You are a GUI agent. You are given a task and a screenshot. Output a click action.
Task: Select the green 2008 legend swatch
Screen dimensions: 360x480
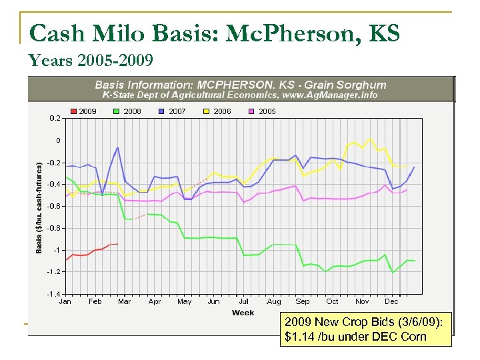tap(117, 111)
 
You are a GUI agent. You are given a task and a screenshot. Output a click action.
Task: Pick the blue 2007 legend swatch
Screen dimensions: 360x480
tap(161, 111)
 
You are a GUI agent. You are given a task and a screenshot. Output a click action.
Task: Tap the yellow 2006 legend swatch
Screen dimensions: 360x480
tap(206, 111)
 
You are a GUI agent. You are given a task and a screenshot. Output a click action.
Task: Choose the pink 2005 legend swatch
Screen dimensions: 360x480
tap(251, 111)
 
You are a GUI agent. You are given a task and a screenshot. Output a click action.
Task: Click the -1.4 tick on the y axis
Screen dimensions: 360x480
tap(54, 294)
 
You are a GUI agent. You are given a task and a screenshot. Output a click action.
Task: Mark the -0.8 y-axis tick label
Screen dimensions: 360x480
tap(54, 228)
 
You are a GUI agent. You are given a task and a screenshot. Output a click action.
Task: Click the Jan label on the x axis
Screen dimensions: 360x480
tap(65, 301)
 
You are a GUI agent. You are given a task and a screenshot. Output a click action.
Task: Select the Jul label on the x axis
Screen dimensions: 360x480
tap(243, 301)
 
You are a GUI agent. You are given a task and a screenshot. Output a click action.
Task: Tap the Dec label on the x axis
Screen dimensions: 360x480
tap(391, 301)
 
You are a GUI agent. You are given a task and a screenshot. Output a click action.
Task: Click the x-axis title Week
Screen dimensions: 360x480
tap(243, 313)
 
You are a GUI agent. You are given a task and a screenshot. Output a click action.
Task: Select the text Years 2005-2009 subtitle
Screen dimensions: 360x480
tap(91, 61)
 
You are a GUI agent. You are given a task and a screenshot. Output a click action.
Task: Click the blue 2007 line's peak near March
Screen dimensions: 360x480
tap(118, 148)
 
